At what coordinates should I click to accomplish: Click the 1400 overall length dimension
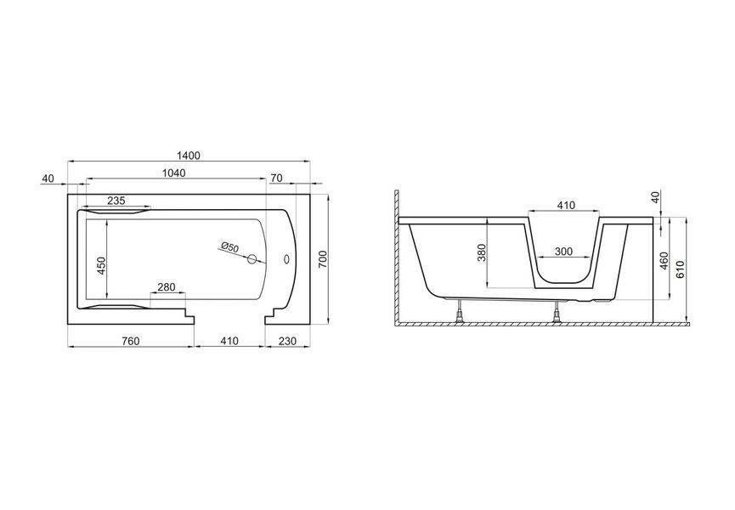pyautogui.click(x=189, y=156)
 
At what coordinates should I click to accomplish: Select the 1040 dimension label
pyautogui.click(x=173, y=173)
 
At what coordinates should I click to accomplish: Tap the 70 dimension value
pyautogui.click(x=276, y=178)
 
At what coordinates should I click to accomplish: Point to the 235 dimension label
pyautogui.click(x=116, y=201)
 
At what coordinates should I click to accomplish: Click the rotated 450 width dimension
pyautogui.click(x=102, y=265)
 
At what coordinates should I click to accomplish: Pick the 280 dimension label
pyautogui.click(x=166, y=287)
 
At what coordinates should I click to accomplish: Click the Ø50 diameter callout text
pyautogui.click(x=230, y=246)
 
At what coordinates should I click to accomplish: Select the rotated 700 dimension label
pyautogui.click(x=323, y=259)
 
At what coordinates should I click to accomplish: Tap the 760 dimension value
pyautogui.click(x=130, y=341)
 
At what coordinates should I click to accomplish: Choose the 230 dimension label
pyautogui.click(x=287, y=341)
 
